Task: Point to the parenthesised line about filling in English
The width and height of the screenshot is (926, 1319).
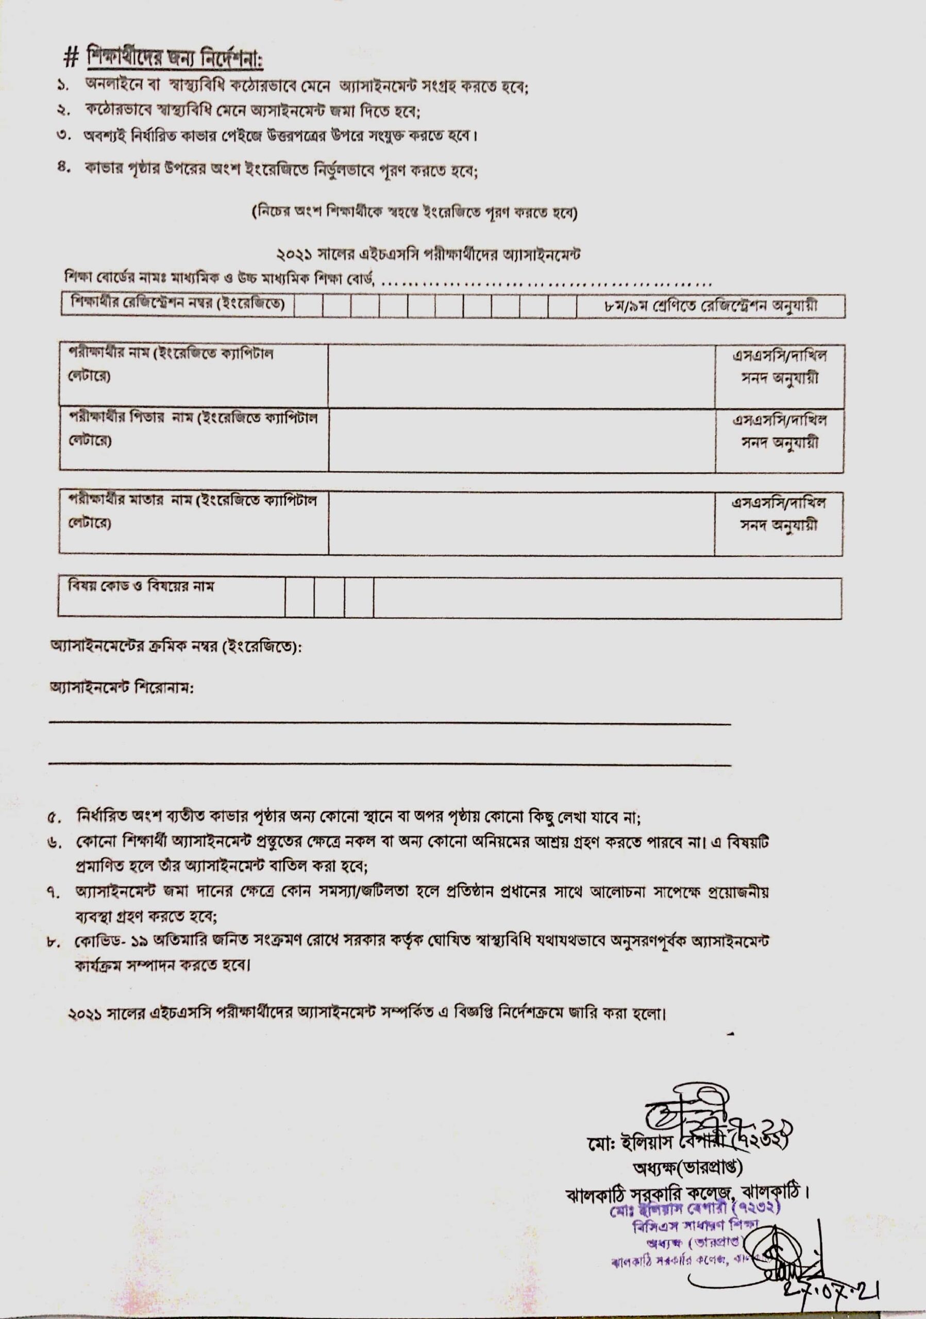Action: pyautogui.click(x=414, y=213)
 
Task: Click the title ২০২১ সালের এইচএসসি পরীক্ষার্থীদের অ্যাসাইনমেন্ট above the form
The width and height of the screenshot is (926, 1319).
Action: pyautogui.click(x=428, y=255)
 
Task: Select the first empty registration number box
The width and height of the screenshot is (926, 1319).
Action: pyautogui.click(x=309, y=306)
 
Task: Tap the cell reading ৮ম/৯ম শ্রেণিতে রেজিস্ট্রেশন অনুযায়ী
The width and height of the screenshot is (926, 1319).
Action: pyautogui.click(x=711, y=306)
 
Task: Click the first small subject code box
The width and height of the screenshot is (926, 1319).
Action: pyautogui.click(x=299, y=598)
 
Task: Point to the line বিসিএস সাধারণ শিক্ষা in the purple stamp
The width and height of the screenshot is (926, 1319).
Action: pyautogui.click(x=696, y=1226)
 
